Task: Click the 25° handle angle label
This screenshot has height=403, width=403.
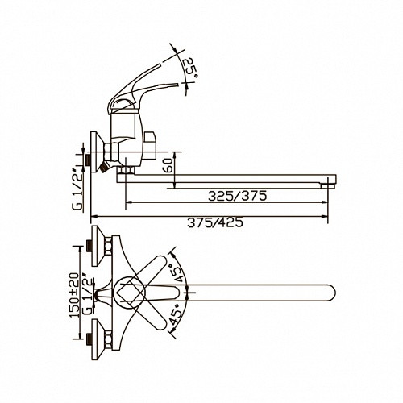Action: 190,68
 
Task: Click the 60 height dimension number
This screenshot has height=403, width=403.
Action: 167,165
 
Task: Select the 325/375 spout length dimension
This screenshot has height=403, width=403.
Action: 238,196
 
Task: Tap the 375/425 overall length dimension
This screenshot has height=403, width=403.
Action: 215,222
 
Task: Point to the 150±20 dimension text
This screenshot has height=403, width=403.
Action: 74,295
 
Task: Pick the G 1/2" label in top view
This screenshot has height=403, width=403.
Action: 87,295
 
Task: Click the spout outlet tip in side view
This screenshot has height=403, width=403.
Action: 328,185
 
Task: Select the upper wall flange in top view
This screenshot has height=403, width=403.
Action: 98,246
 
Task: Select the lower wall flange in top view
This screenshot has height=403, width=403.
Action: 98,339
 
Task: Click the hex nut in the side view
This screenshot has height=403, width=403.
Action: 111,152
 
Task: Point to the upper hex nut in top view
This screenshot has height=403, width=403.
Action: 108,246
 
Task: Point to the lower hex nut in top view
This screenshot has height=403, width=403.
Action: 108,339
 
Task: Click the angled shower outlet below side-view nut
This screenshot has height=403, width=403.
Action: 103,168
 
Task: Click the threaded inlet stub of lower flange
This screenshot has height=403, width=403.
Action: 88,339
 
